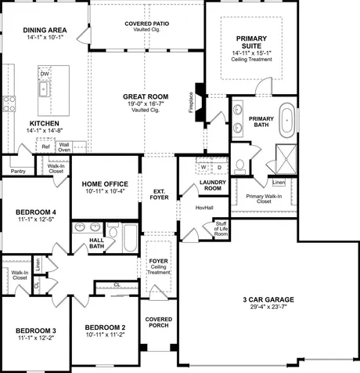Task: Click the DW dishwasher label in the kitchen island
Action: click(45, 74)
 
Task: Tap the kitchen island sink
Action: click(44, 89)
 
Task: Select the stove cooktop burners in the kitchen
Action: click(9, 103)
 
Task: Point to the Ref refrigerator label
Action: click(45, 147)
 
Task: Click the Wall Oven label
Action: click(64, 147)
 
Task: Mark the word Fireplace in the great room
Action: click(191, 103)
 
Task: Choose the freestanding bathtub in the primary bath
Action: click(287, 120)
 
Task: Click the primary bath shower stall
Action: click(286, 159)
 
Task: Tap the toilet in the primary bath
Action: click(239, 167)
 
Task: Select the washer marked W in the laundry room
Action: click(203, 167)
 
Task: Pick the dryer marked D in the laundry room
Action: click(219, 167)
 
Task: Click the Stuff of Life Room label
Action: click(221, 229)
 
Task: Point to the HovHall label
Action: click(204, 208)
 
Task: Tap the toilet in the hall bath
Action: click(113, 230)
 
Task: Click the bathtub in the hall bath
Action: click(130, 237)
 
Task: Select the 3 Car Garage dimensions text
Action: click(268, 306)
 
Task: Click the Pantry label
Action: click(18, 172)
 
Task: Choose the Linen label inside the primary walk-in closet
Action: click(279, 182)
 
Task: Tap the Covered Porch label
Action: click(159, 322)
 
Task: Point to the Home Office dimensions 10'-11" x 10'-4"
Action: click(106, 191)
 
